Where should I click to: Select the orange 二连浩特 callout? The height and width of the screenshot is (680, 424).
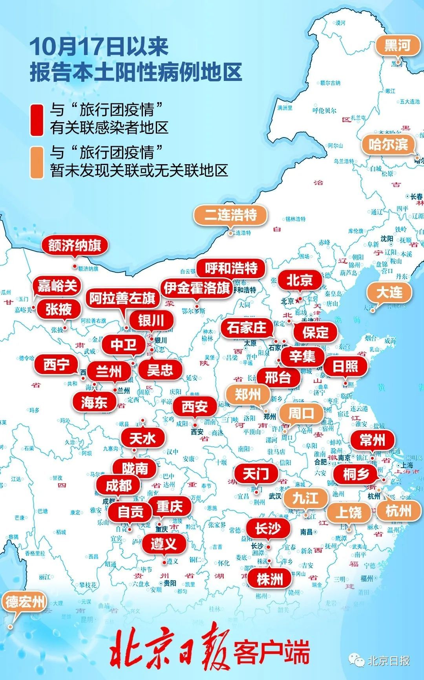[x=230, y=215]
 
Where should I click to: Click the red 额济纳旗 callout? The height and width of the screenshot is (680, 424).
[x=75, y=246]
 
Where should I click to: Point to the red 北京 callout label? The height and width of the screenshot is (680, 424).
[x=300, y=280]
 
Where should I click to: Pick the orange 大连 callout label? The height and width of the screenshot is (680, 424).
[x=389, y=292]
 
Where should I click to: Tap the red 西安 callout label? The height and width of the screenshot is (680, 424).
[x=195, y=406]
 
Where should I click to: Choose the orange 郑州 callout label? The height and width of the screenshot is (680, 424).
[x=248, y=394]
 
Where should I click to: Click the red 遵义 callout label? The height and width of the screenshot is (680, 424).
[x=164, y=544]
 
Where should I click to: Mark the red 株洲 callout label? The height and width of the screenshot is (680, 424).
[x=270, y=579]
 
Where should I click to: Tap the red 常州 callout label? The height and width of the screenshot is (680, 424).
[x=373, y=440]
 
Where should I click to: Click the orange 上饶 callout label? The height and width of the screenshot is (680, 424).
[x=349, y=512]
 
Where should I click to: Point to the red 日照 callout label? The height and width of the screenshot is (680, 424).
[x=345, y=366]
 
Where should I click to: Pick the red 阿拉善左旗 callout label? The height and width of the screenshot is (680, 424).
[x=122, y=298]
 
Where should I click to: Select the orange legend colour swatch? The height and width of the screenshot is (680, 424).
[x=37, y=163]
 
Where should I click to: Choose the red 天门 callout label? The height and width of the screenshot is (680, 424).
[x=256, y=474]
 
